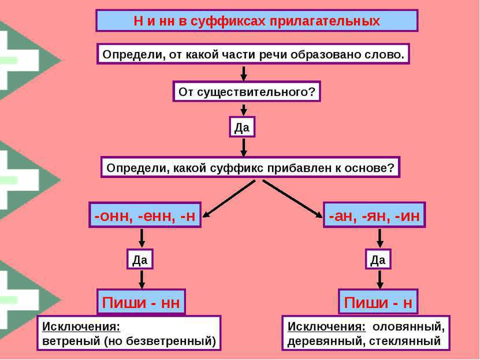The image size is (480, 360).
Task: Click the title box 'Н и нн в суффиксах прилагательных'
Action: (256, 21)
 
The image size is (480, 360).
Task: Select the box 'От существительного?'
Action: (247, 92)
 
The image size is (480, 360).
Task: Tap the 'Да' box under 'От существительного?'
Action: (243, 127)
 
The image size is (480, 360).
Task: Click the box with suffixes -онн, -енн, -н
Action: (144, 216)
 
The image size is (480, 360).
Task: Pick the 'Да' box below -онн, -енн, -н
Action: (140, 259)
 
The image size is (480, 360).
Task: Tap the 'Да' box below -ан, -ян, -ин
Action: (378, 259)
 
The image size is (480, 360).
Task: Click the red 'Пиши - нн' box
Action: (140, 302)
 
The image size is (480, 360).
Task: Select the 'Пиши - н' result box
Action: (378, 302)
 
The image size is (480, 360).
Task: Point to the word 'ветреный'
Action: (69, 341)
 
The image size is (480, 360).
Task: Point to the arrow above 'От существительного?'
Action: (244, 73)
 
